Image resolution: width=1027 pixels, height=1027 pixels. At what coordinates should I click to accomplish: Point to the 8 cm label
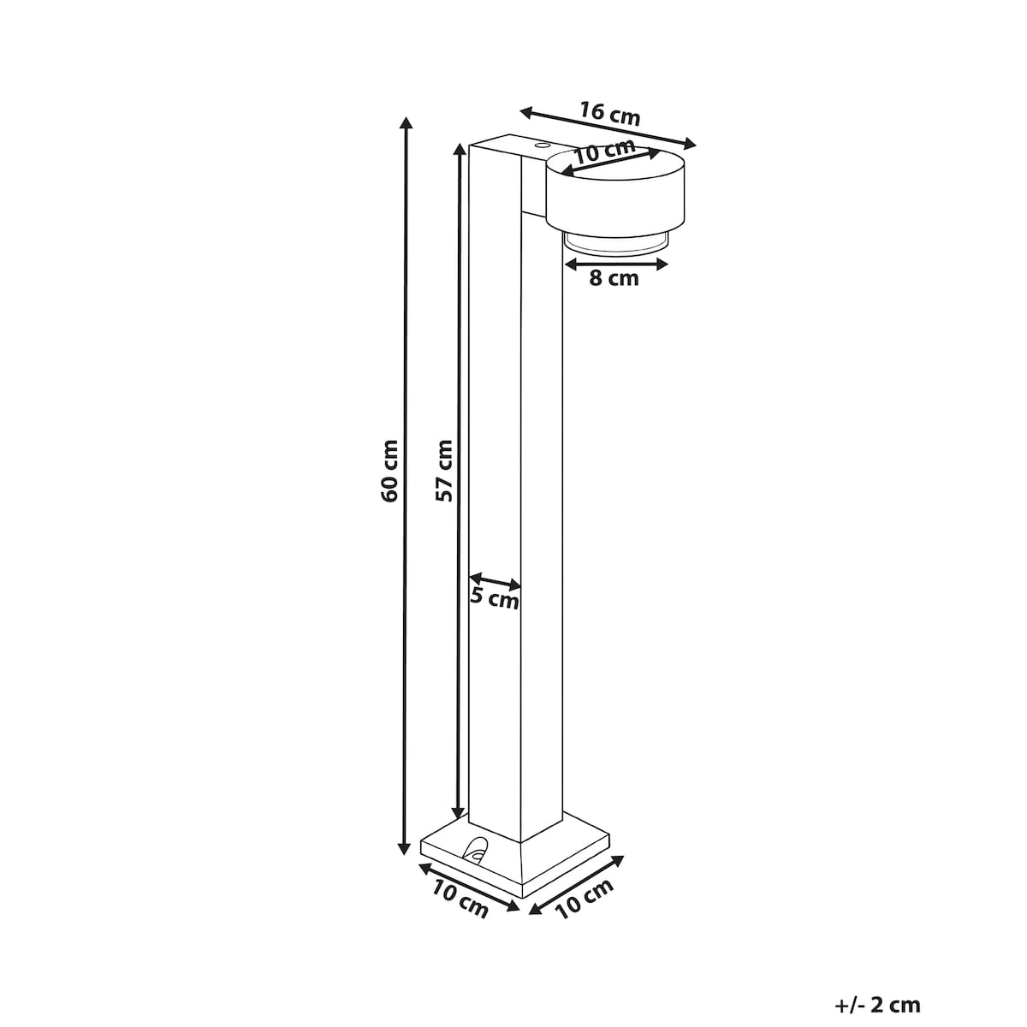tap(614, 279)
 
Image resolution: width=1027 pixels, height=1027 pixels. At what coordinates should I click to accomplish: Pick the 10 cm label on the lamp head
tap(605, 151)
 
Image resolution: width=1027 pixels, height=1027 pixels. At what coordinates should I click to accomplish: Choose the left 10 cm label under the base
tap(460, 899)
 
